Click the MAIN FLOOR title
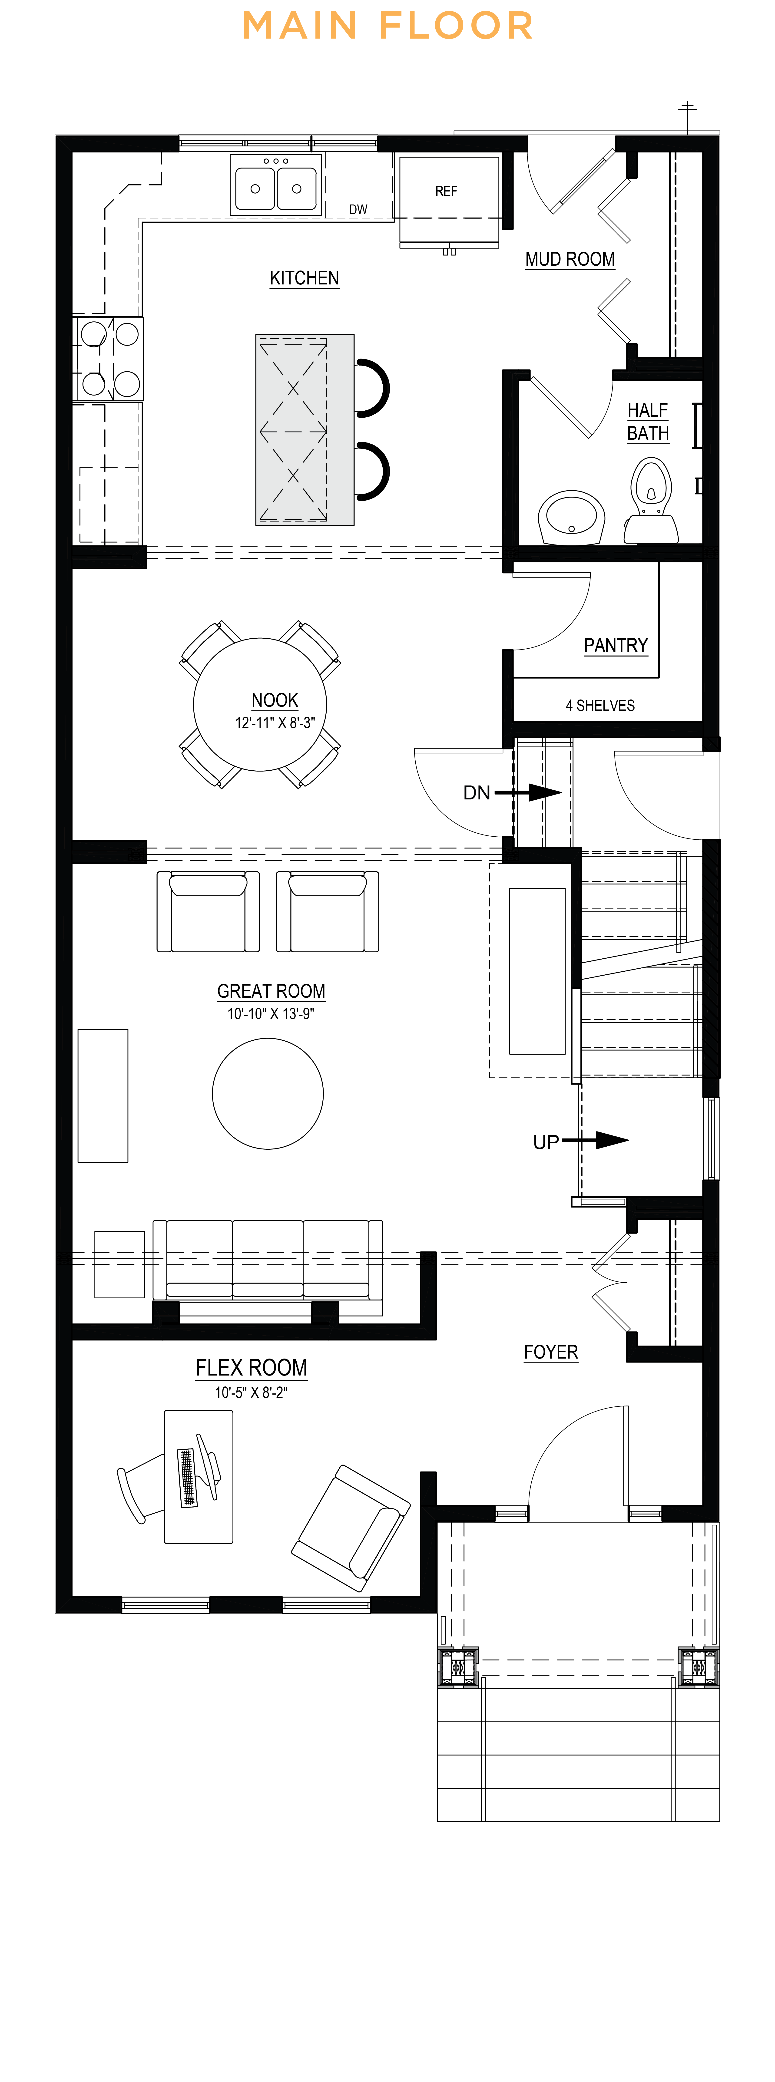pos(388,26)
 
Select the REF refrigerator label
pos(446,191)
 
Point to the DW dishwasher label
pos(358,209)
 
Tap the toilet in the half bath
pos(651,499)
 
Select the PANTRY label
pos(616,645)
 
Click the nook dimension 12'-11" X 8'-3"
pos(275,723)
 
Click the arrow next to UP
pos(595,1140)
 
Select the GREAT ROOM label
pos(272,991)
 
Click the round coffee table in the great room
pos(268,1094)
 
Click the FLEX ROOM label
pos(251,1368)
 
